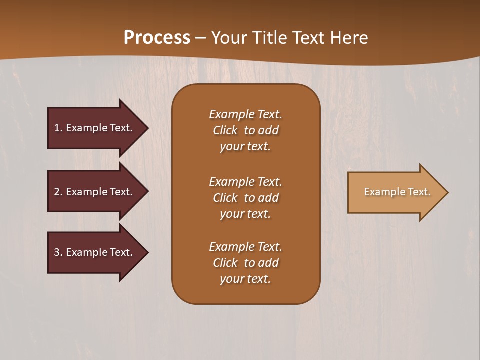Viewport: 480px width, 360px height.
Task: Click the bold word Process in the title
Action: [157, 38]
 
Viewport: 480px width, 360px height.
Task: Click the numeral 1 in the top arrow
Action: [57, 128]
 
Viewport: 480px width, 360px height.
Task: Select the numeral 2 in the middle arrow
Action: [57, 192]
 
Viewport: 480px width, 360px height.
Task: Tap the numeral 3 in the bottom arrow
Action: [57, 252]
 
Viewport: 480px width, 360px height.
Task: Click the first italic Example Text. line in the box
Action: [245, 114]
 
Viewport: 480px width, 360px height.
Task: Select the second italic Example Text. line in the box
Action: [245, 182]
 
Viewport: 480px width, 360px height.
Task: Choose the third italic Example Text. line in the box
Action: [245, 247]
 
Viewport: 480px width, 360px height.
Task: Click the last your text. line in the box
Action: [245, 279]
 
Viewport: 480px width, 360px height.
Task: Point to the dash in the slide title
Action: [200, 38]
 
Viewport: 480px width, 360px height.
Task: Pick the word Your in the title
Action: [228, 38]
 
